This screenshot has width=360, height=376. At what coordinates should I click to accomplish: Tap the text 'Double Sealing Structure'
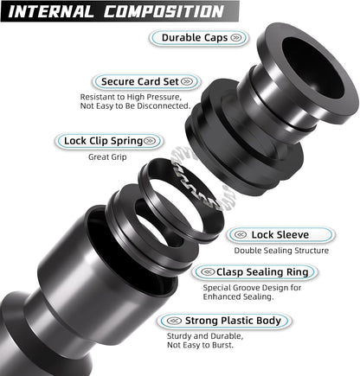tap(280, 251)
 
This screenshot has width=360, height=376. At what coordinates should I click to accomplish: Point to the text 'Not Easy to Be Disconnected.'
tap(134, 106)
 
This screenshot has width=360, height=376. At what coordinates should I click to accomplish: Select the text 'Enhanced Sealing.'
tap(238, 297)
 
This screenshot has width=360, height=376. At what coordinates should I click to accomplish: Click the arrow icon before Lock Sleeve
tap(241, 234)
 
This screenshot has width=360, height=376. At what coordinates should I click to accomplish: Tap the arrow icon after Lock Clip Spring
tap(151, 140)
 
